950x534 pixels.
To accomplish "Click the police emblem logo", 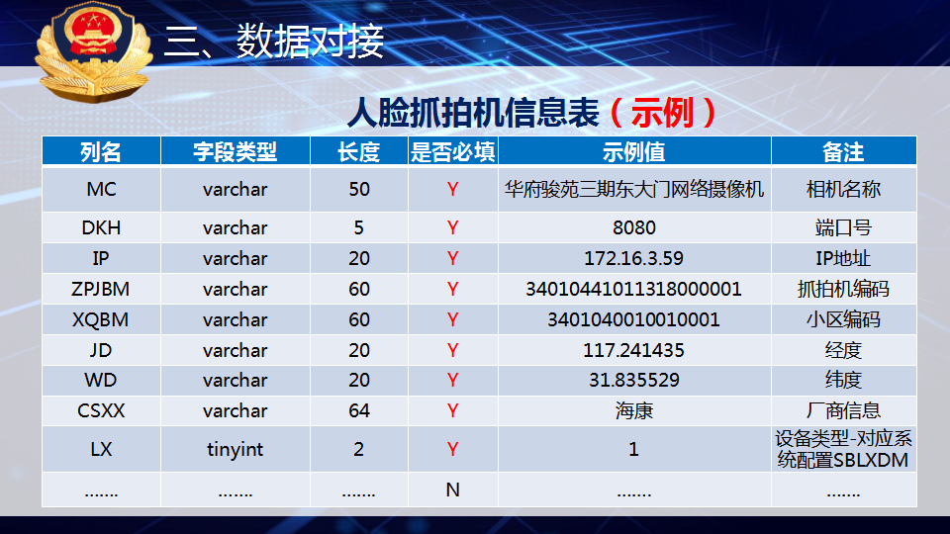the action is click(x=94, y=50).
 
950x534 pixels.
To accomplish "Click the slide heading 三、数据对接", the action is click(x=274, y=42).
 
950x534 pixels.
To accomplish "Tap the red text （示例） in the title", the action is click(x=663, y=113).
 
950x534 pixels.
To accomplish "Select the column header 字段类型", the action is click(x=236, y=151).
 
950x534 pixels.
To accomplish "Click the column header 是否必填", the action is click(x=452, y=151).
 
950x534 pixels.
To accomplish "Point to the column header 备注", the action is click(x=843, y=151).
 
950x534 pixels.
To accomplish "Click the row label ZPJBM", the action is click(x=101, y=289).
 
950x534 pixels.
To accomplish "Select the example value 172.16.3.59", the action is click(x=633, y=258).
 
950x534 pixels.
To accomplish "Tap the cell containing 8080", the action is click(x=633, y=227).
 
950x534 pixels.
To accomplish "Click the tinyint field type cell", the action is click(x=236, y=449).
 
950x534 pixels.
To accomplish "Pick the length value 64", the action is click(x=358, y=410).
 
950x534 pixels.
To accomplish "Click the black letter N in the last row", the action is click(x=452, y=489).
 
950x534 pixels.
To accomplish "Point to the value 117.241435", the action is click(x=633, y=350).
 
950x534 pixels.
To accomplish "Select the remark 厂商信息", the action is click(x=843, y=410).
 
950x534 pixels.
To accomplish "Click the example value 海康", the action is click(x=633, y=411).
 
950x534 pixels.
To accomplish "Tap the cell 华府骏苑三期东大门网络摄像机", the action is click(x=633, y=190).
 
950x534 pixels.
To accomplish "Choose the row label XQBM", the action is click(x=101, y=319).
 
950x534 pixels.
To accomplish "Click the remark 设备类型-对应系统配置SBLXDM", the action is click(x=843, y=449).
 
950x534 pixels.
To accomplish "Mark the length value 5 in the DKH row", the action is click(x=358, y=227).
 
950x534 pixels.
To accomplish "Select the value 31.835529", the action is click(x=633, y=380).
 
